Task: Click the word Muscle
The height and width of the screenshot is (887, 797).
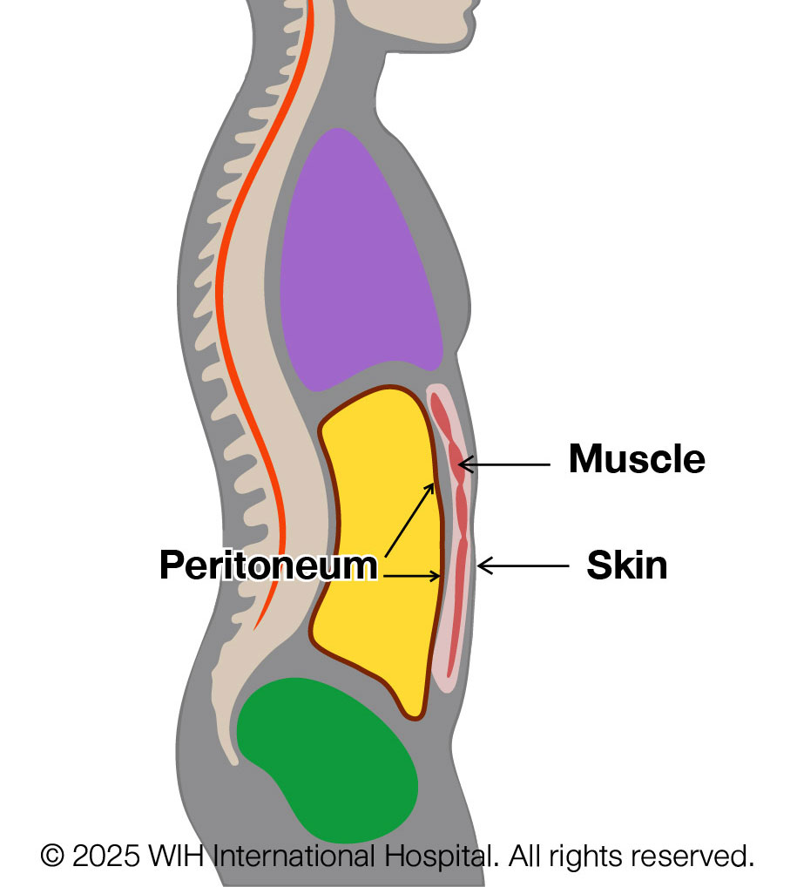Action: point(636,459)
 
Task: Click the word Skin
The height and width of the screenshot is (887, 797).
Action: point(626,565)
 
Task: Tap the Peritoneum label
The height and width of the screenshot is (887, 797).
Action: point(267,566)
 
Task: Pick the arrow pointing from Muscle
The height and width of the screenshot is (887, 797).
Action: point(505,465)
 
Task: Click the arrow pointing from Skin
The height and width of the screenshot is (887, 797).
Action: point(523,566)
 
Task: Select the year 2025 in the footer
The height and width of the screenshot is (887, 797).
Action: point(105,856)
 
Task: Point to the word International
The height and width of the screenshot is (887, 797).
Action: point(294,856)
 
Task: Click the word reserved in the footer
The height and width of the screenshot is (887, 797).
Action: point(697,856)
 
